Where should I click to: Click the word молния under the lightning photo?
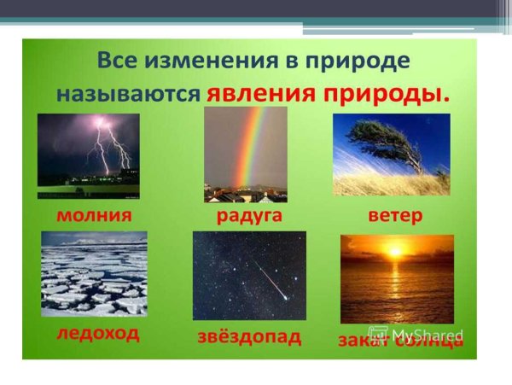point(94,215)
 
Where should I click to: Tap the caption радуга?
point(249,215)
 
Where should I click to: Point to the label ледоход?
point(98,332)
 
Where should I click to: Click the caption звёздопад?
point(247,336)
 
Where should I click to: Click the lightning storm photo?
point(88,155)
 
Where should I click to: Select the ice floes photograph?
point(94,273)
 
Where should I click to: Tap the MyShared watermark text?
point(427,333)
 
